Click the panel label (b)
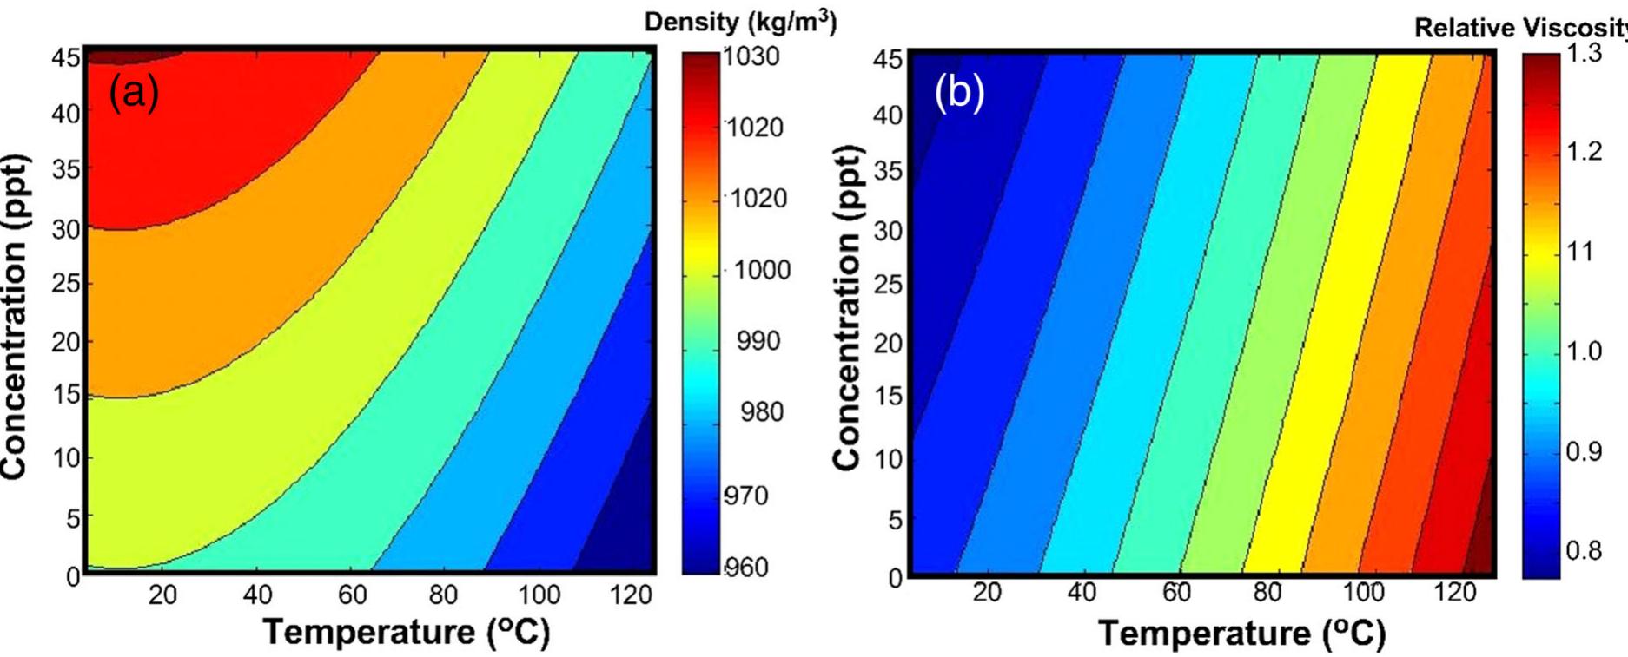click(959, 91)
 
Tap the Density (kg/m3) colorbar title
click(740, 23)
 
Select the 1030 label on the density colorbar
click(751, 57)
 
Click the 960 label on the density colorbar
click(747, 568)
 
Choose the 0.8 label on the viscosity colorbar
click(1584, 551)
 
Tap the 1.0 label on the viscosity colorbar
click(1584, 351)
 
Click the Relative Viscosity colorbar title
click(1520, 28)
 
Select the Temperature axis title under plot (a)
click(407, 632)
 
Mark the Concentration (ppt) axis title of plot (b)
click(847, 308)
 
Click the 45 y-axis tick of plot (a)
click(69, 57)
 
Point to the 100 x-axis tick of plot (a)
click(539, 595)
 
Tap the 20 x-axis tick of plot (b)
click(986, 593)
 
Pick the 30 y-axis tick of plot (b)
click(888, 231)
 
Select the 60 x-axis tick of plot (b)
click(1176, 593)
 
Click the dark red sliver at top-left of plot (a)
click(130, 56)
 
